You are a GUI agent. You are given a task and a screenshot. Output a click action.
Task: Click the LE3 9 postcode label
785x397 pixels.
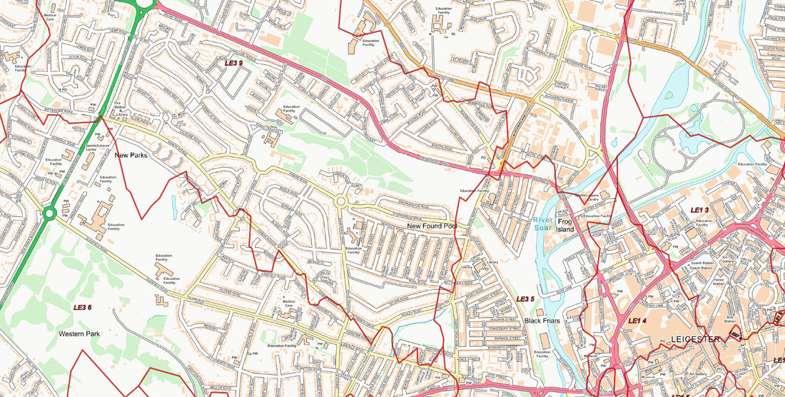(233, 63)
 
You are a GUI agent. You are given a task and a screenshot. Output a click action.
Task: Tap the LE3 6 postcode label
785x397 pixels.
(83, 308)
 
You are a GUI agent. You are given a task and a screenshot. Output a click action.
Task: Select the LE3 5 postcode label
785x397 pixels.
(525, 298)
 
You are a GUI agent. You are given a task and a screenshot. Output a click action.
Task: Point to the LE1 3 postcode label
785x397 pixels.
(699, 210)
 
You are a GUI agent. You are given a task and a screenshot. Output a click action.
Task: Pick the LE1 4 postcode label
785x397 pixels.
(637, 321)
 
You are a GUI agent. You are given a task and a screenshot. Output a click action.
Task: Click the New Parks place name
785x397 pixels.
(131, 155)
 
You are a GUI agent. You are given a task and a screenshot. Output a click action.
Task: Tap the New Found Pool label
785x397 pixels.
(431, 226)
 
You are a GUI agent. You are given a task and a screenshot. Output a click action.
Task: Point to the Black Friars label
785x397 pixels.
(541, 321)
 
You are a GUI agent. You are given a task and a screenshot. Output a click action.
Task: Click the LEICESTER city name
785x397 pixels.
(695, 339)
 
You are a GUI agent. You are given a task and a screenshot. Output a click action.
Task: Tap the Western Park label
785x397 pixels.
(78, 333)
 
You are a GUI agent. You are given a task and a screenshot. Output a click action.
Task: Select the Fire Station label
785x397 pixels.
(118, 106)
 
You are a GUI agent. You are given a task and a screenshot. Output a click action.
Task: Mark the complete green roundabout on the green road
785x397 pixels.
(49, 213)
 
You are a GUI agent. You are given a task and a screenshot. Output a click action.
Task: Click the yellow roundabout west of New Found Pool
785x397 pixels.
(341, 202)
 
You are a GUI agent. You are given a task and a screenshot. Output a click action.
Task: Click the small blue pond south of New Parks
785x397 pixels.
(175, 206)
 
